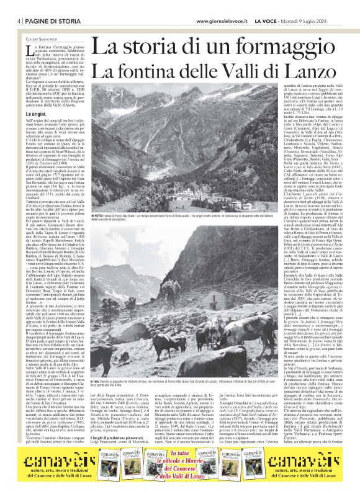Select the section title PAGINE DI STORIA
click(43, 4)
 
